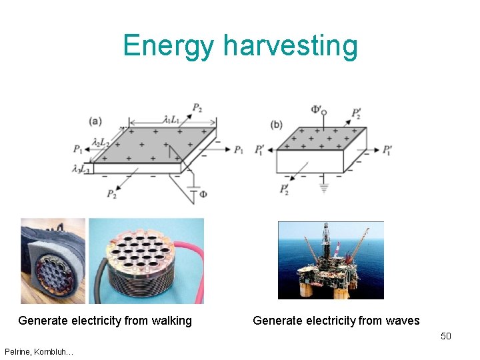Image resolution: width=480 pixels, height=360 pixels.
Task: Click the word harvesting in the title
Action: point(291,47)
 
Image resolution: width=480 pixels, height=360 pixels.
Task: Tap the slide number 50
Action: point(445,336)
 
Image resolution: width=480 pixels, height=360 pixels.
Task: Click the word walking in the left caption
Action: point(171,321)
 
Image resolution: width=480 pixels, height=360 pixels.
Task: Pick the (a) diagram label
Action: point(95,121)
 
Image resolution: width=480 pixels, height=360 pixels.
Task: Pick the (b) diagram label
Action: point(276,125)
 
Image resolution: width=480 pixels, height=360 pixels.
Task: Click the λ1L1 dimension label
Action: point(171,120)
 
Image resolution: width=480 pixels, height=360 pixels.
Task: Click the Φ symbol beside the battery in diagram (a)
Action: point(203,195)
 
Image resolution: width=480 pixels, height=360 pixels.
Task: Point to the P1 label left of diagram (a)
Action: point(79,149)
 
